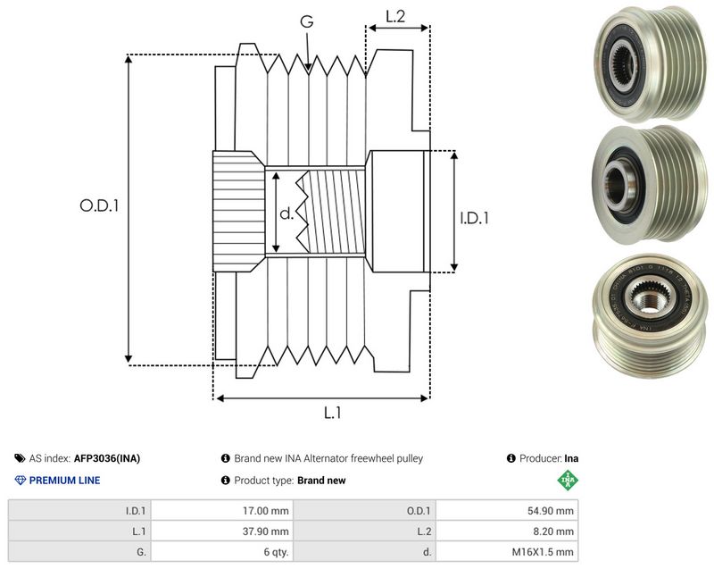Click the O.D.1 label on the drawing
tap(99, 206)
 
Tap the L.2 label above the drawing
tap(395, 17)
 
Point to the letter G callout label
tap(307, 21)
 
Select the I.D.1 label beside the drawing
tap(474, 218)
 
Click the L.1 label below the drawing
tap(332, 413)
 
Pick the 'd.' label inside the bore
tap(286, 213)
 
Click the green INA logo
tap(568, 481)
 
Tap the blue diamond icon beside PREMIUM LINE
tap(21, 481)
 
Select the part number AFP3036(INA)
tap(107, 458)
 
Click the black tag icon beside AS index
tap(20, 458)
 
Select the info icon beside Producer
tap(511, 458)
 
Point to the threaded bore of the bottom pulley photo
tap(647, 301)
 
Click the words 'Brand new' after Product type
tap(321, 481)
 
